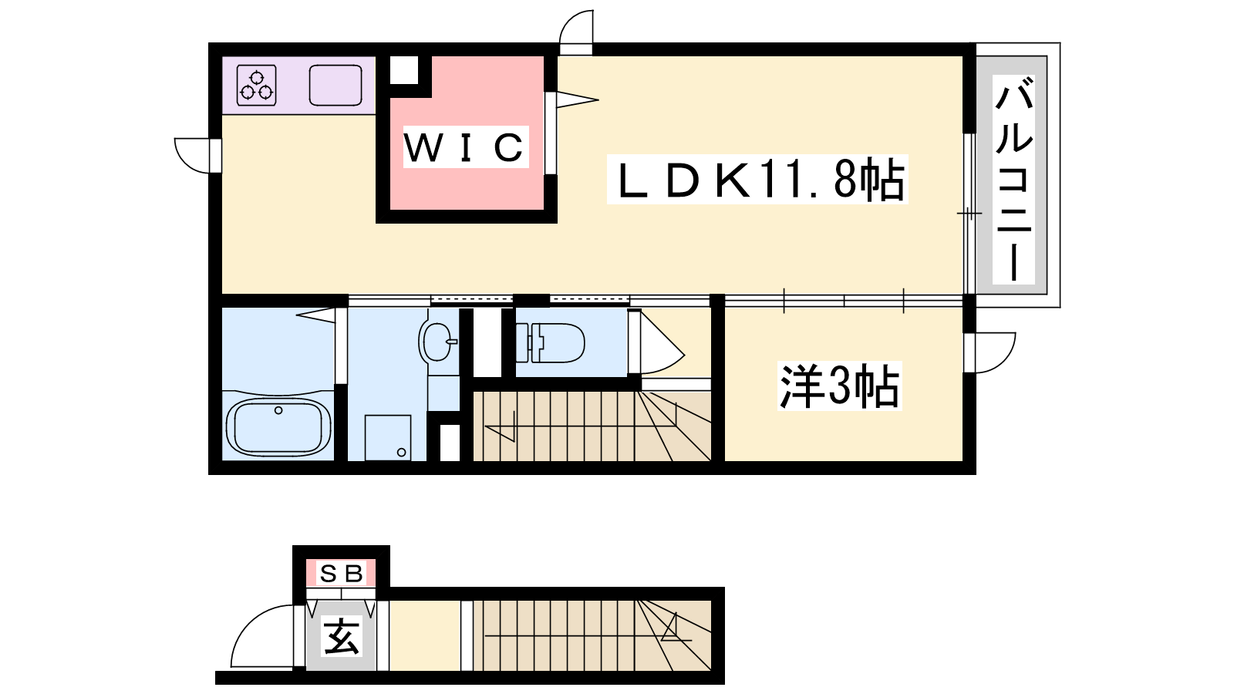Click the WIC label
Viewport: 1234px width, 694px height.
tap(466, 147)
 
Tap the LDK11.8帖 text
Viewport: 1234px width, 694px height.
tap(757, 180)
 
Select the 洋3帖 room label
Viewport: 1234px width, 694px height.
tap(839, 386)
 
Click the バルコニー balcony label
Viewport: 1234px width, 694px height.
tap(1013, 180)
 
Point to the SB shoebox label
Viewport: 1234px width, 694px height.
tap(342, 574)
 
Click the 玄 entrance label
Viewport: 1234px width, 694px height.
tap(342, 637)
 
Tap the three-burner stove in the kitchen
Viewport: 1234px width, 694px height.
tap(256, 86)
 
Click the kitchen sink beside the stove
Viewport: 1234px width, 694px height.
tap(335, 86)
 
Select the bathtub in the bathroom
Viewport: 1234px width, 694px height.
tap(278, 427)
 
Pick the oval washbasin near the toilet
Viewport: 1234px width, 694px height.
tap(437, 341)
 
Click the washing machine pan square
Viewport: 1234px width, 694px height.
tap(388, 437)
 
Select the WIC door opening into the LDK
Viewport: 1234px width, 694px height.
tap(577, 100)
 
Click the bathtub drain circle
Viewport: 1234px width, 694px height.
tap(278, 410)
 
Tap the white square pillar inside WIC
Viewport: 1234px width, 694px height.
tap(404, 70)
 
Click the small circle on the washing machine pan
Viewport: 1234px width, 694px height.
tap(401, 453)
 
